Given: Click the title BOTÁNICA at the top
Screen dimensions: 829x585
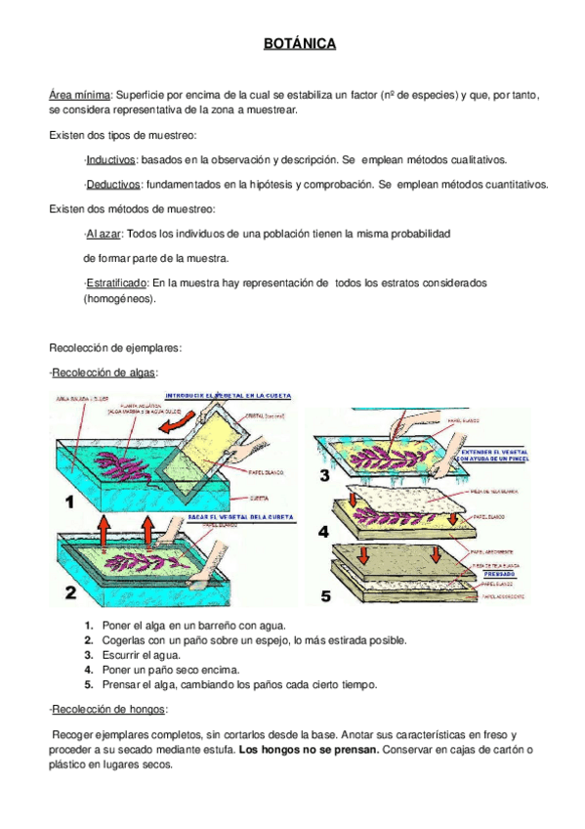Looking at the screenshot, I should coord(300,44).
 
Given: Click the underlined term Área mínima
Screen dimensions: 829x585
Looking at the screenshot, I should coord(80,95).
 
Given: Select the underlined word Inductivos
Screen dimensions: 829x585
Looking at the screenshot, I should coord(111,158).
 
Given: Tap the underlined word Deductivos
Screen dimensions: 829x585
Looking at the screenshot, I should coord(113,184).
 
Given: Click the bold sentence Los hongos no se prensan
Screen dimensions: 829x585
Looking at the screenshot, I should coord(310,750).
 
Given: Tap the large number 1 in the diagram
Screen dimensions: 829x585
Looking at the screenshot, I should coord(69,502).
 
